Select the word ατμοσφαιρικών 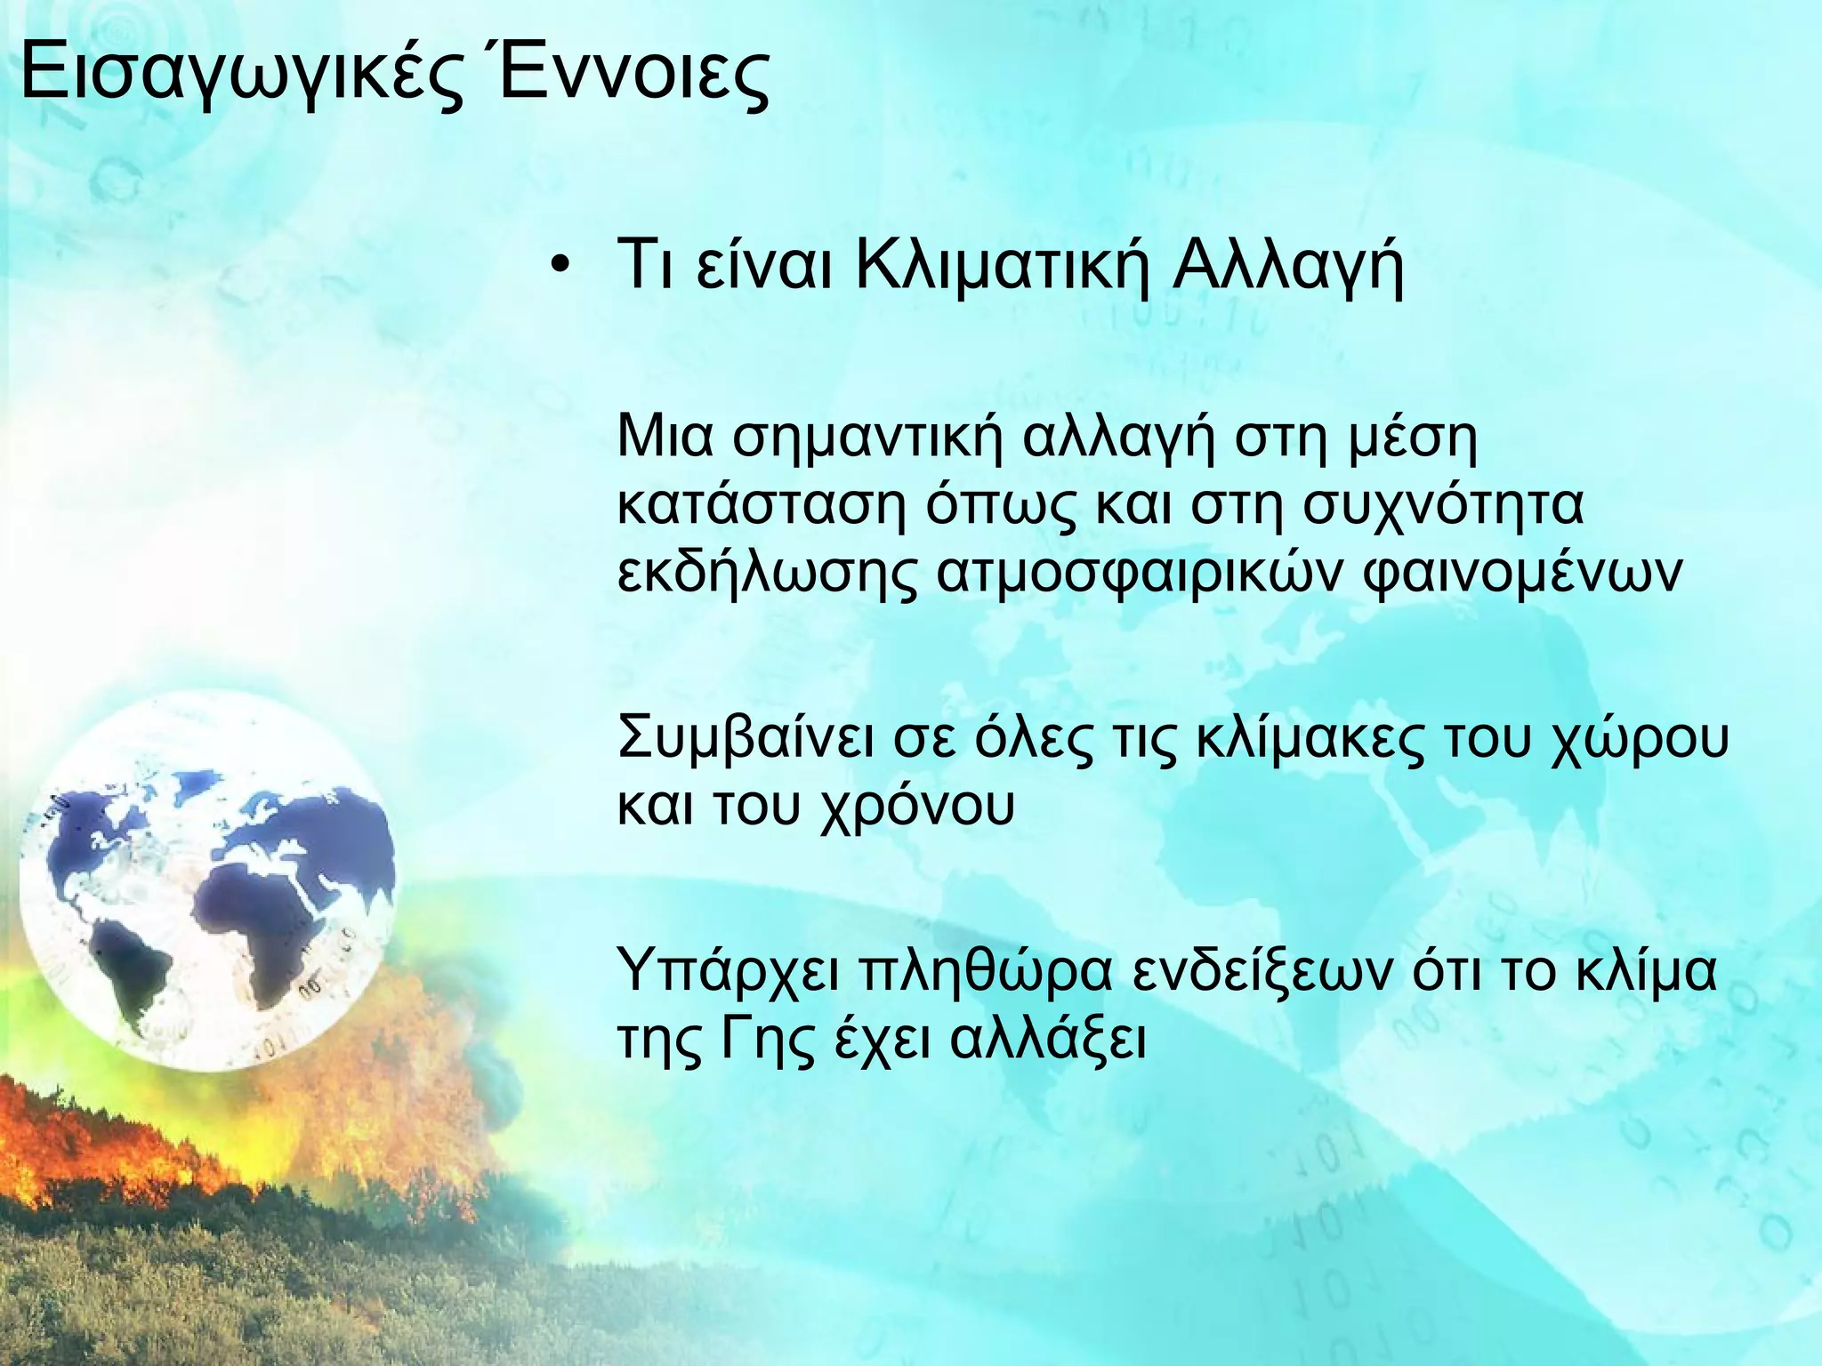(1138, 575)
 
